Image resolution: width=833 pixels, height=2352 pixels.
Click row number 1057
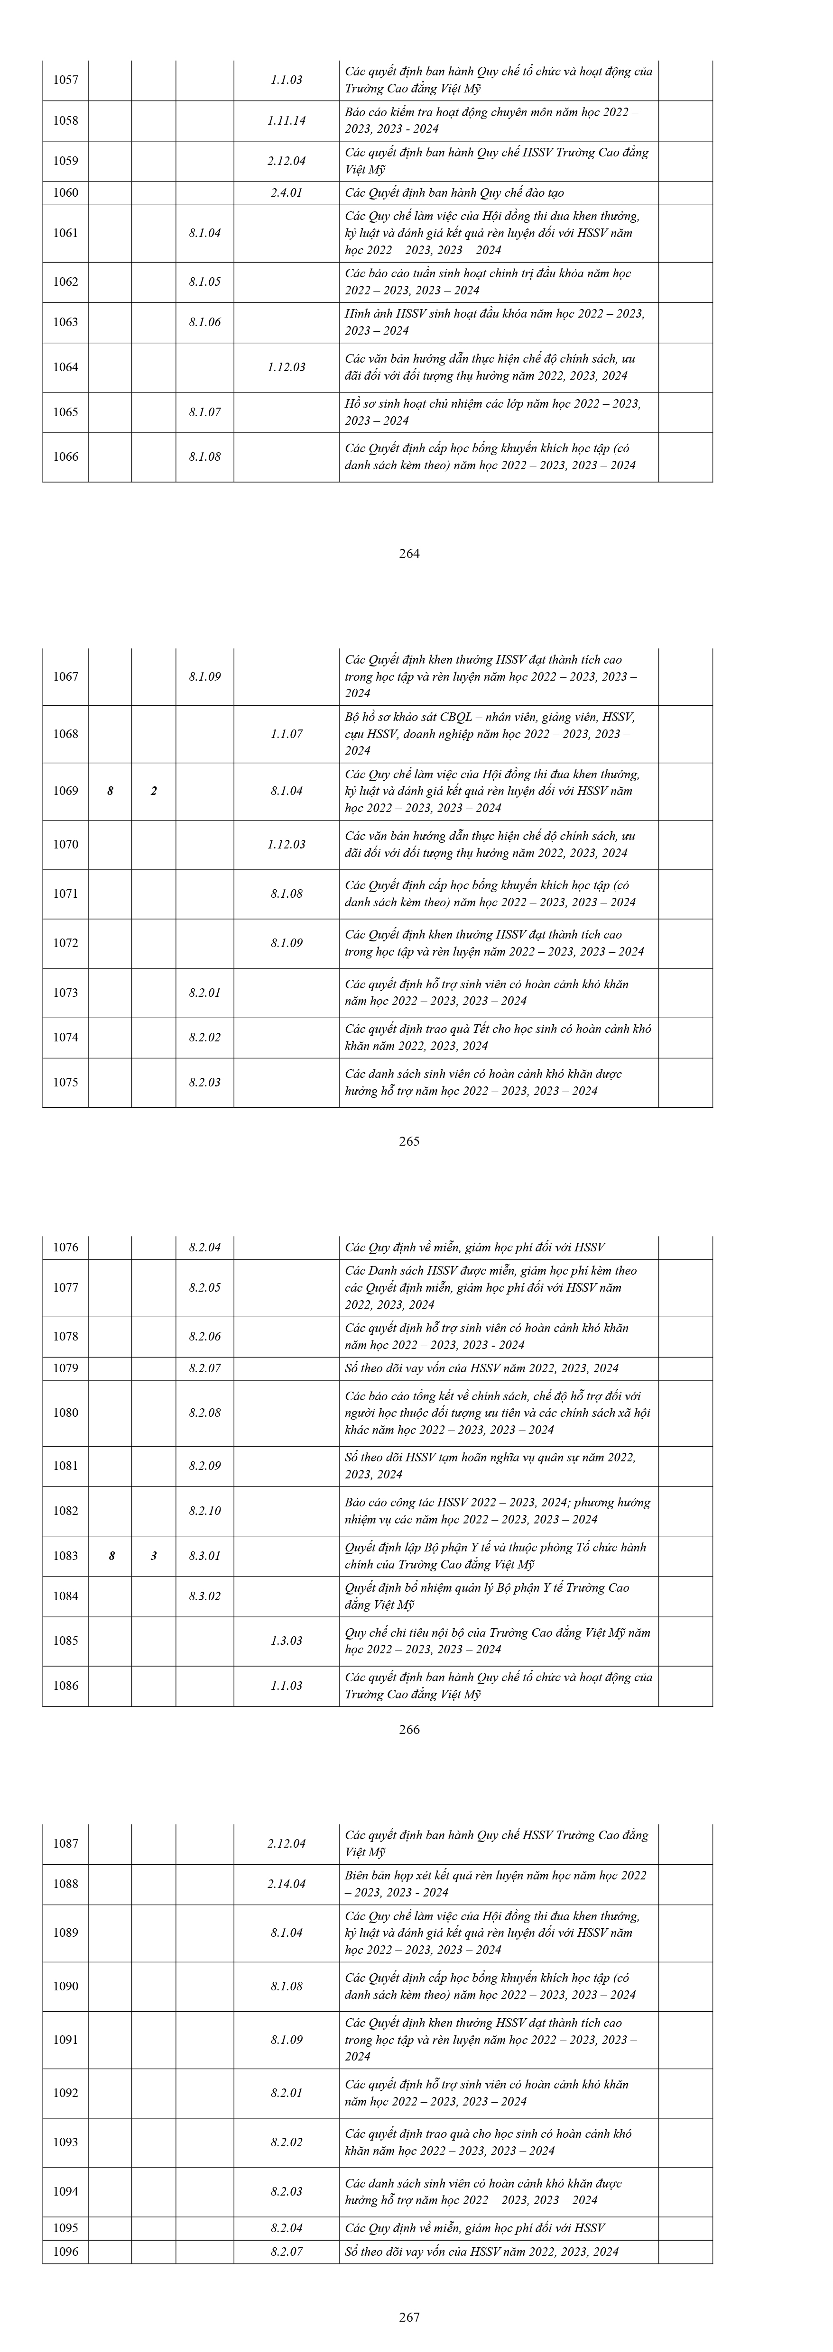66,81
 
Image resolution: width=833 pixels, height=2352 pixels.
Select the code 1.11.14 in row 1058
286,120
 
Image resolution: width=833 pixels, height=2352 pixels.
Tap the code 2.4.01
286,192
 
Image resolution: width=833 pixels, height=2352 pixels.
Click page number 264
409,553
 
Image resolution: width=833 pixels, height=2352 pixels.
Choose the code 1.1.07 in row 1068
286,734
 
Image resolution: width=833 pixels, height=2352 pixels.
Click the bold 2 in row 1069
153,791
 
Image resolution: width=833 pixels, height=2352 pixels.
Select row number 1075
66,1082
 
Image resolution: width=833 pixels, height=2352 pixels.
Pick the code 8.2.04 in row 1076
204,1247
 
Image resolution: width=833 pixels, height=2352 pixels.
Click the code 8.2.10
204,1511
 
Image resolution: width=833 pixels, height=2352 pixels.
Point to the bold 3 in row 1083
153,1556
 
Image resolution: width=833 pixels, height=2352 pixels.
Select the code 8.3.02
204,1596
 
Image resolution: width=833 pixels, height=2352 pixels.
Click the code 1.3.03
286,1641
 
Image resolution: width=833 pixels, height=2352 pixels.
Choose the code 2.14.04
286,1884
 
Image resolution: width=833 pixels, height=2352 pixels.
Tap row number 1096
66,2252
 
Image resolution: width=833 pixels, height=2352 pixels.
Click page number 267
409,2316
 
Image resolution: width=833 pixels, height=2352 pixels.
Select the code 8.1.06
204,322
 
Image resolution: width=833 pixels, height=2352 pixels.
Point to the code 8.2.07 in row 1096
286,2252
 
